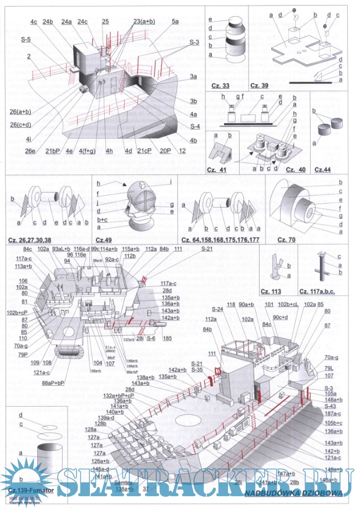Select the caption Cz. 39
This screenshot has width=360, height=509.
[259, 85]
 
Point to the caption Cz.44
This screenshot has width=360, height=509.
[324, 168]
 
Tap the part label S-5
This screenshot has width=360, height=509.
[26, 39]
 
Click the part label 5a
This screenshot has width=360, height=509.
[175, 21]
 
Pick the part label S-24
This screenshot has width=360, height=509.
[217, 309]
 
